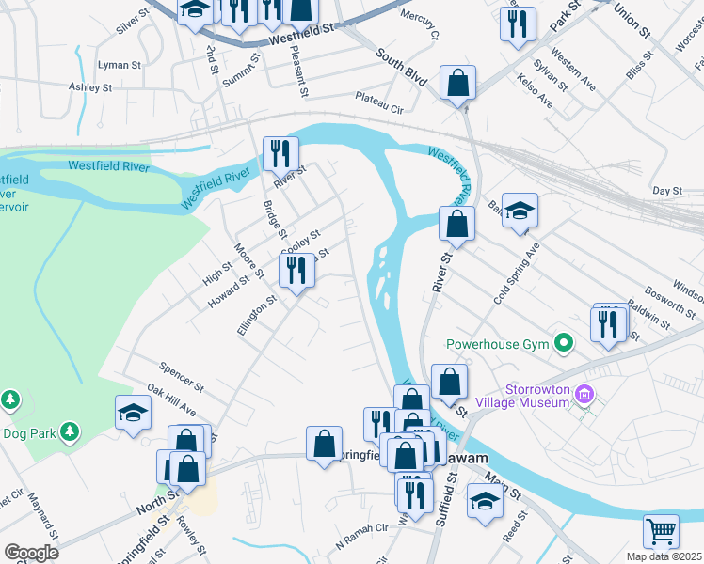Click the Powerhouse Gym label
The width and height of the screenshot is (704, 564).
click(x=497, y=344)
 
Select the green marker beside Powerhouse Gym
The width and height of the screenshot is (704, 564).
click(x=565, y=343)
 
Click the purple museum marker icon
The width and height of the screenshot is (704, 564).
click(x=586, y=393)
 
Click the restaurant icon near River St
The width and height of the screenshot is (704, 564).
click(x=280, y=153)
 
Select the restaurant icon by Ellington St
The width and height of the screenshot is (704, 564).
click(x=296, y=270)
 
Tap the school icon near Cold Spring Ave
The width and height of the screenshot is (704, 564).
click(x=519, y=211)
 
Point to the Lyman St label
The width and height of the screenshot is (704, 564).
click(x=120, y=65)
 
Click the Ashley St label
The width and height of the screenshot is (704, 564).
click(x=90, y=86)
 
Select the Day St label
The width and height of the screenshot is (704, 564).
click(x=666, y=191)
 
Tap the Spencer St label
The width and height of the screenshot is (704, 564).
click(x=182, y=373)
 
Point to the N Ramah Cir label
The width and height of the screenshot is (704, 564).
click(x=361, y=528)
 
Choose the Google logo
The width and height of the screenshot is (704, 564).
click(x=31, y=553)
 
